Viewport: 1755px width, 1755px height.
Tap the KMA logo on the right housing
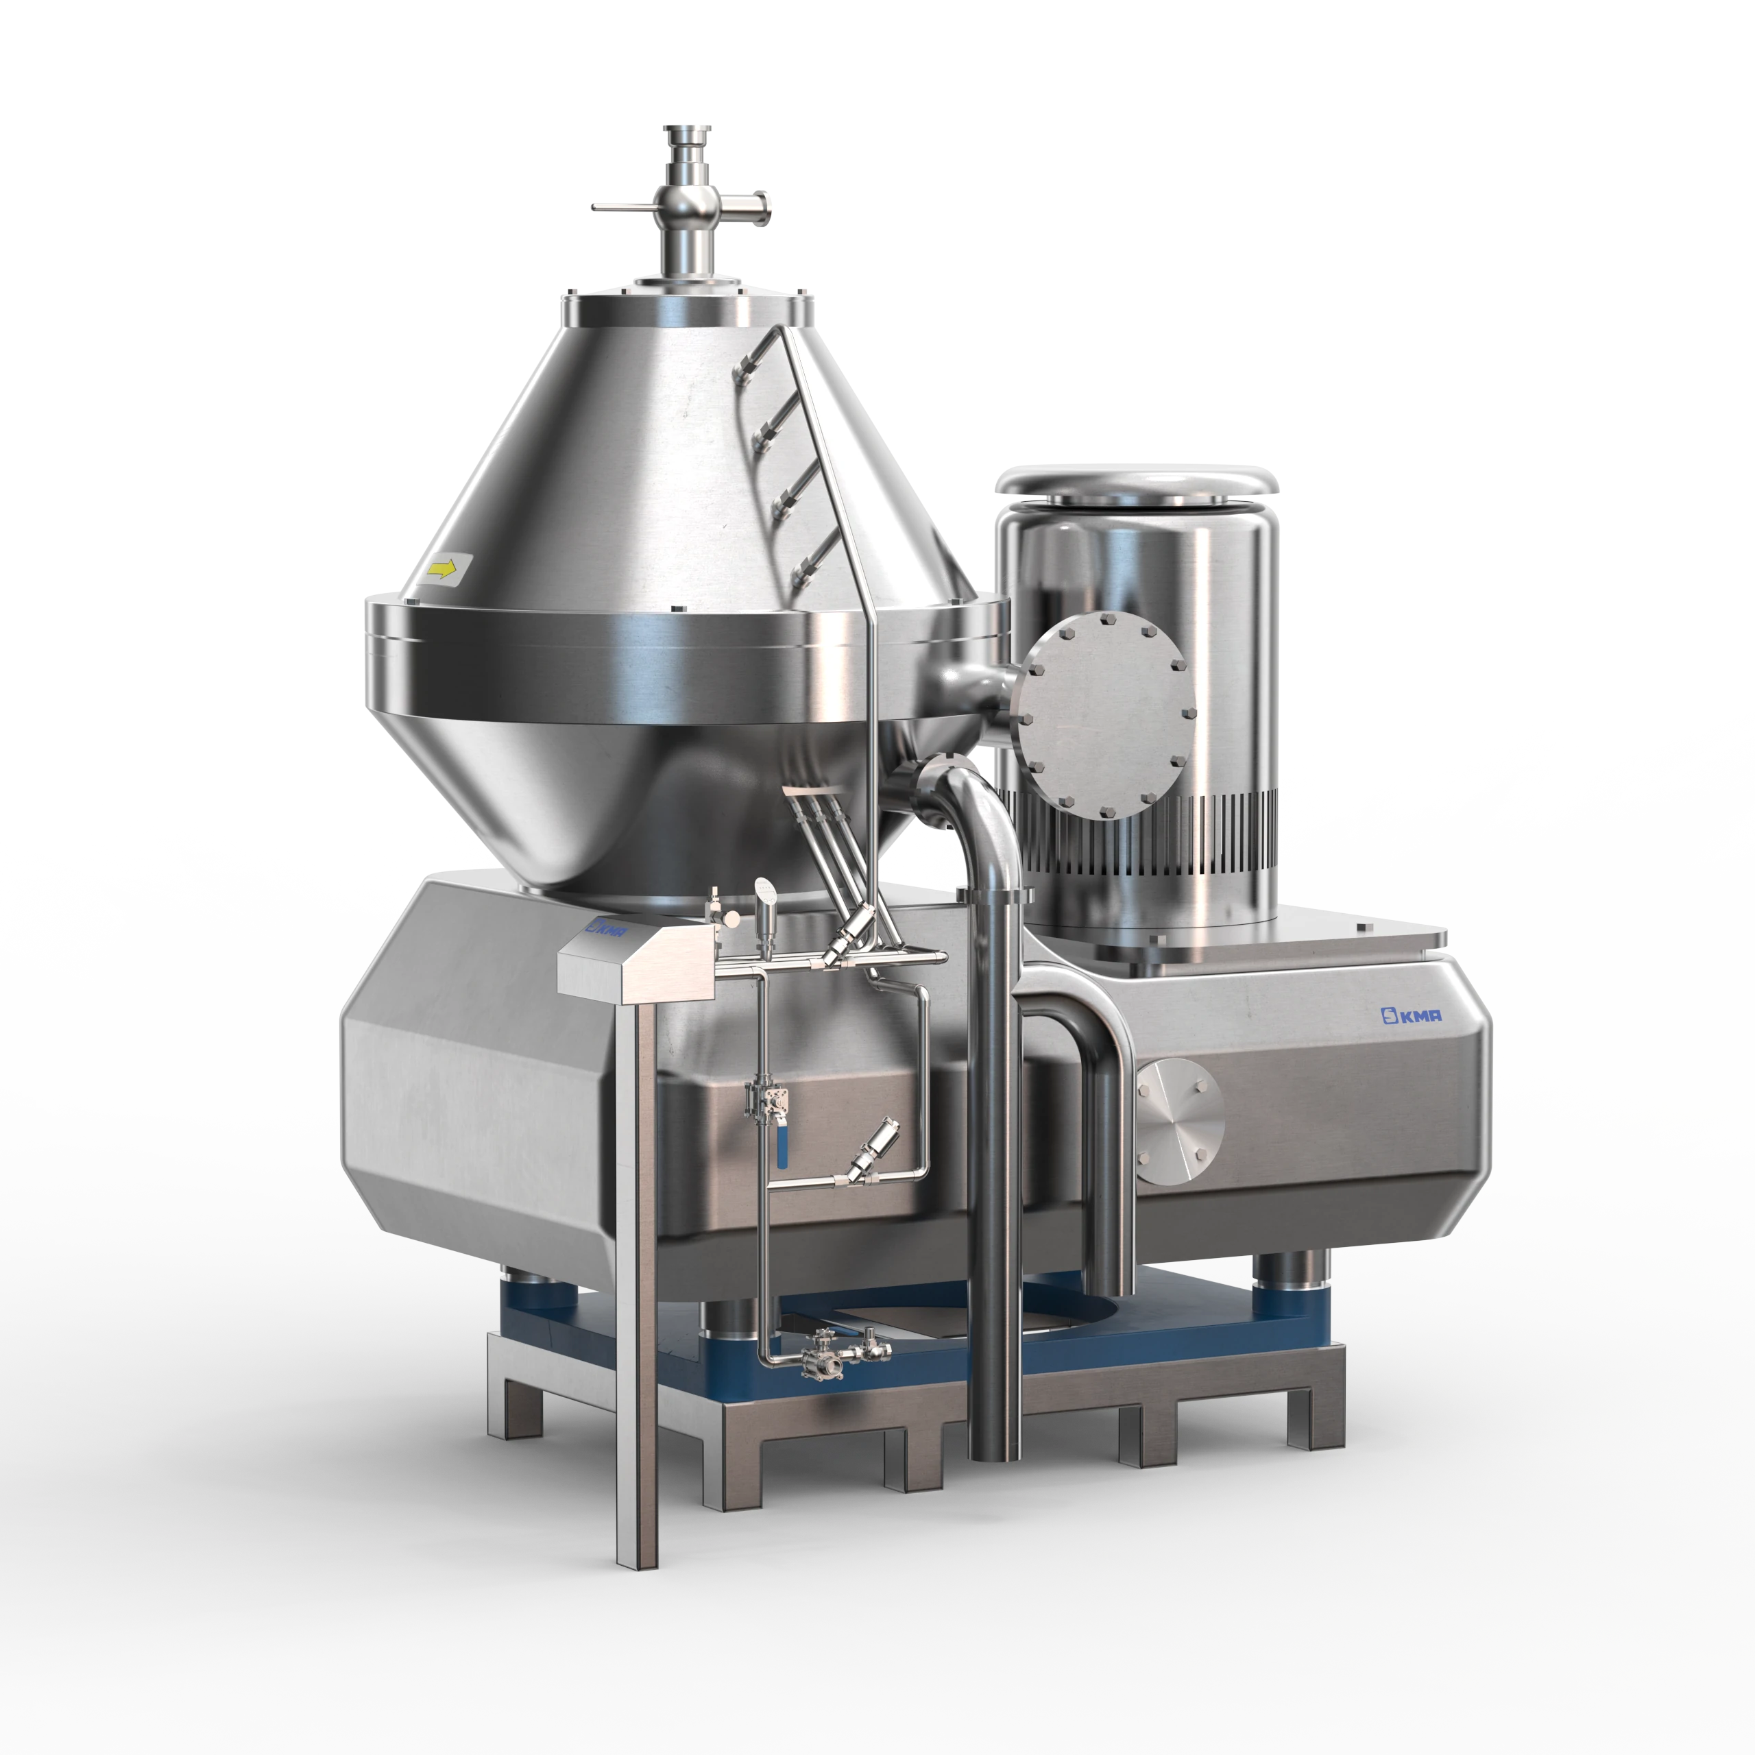1412,1015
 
